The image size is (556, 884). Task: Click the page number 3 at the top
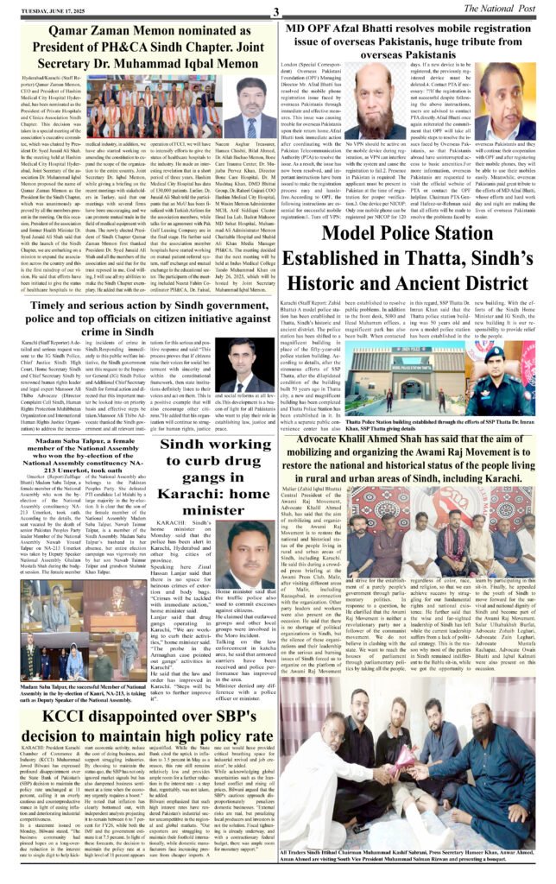point(275,10)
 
